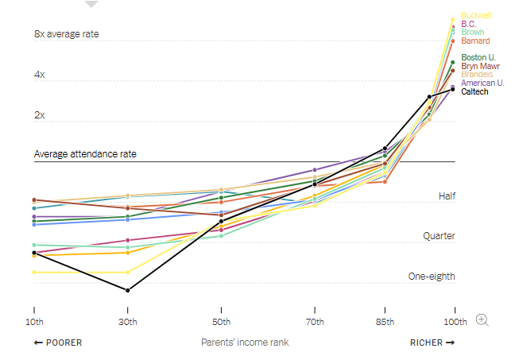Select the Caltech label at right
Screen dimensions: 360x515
474,91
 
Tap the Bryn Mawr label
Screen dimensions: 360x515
479,66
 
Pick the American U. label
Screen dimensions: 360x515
482,83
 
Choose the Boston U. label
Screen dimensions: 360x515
478,57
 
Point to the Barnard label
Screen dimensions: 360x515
475,41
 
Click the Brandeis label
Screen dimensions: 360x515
477,74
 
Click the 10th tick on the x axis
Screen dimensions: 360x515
34,321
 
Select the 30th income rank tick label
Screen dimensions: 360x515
128,321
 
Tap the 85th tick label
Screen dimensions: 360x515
385,321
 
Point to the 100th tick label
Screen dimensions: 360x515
454,321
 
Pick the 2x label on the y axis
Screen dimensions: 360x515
40,115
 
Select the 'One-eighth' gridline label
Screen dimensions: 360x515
432,277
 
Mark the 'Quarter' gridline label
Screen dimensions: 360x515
439,236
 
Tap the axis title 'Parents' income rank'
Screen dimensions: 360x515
244,343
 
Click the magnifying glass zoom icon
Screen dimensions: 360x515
482,319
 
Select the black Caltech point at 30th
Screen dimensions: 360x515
128,290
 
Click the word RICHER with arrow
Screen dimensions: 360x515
432,343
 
